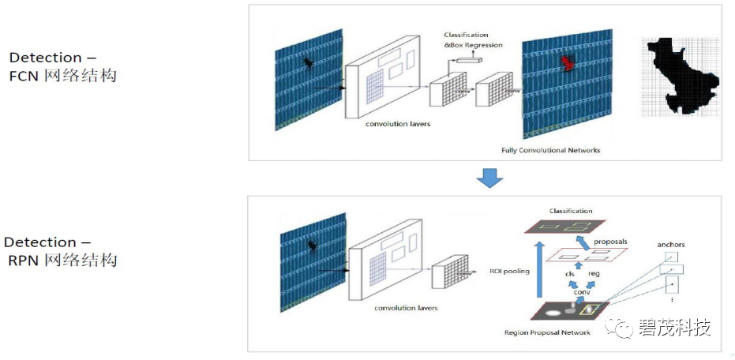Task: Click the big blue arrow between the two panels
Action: (x=490, y=178)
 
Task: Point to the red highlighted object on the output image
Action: (x=565, y=65)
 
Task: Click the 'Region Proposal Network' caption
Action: (x=547, y=332)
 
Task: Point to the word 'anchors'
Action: (x=670, y=245)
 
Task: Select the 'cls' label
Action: (x=568, y=274)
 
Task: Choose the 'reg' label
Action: (x=594, y=274)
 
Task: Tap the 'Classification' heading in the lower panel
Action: (x=571, y=211)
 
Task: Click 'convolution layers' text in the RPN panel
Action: (x=406, y=308)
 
